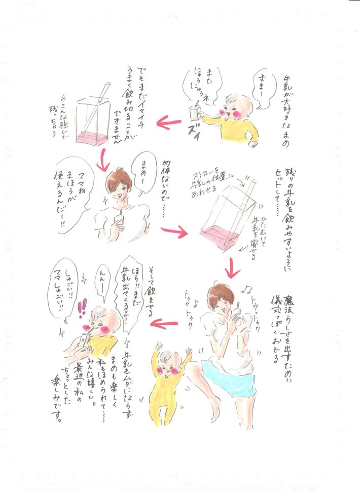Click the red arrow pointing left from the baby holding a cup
tap(169, 122)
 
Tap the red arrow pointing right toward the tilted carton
tap(174, 232)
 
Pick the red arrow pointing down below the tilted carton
tap(232, 267)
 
